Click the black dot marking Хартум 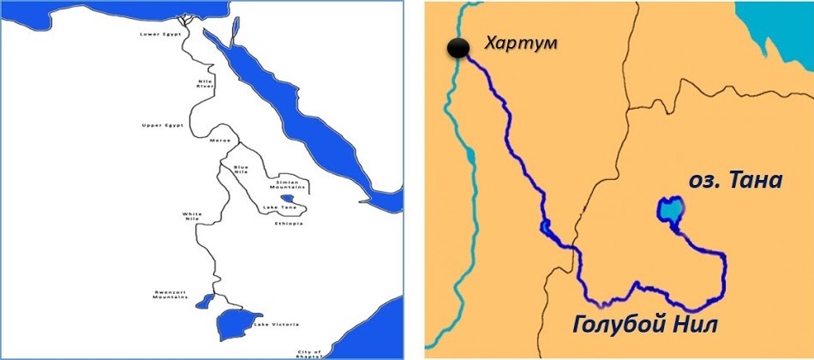pyautogui.click(x=460, y=50)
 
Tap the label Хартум pyautogui.click(x=518, y=43)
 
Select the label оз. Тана pyautogui.click(x=736, y=181)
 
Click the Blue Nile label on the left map pyautogui.click(x=242, y=170)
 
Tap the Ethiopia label pyautogui.click(x=288, y=224)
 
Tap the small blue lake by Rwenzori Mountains pyautogui.click(x=204, y=301)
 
